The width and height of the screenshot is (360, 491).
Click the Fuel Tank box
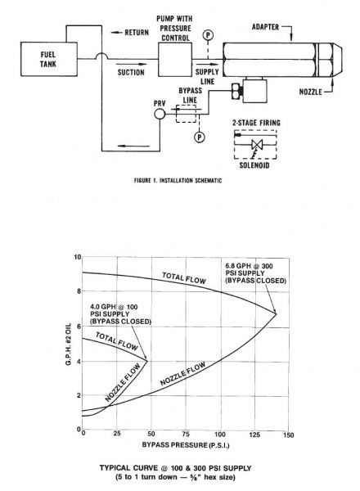pyautogui.click(x=49, y=59)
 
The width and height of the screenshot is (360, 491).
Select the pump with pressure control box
pyautogui.click(x=175, y=60)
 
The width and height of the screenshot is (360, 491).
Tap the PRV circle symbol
pyautogui.click(x=160, y=114)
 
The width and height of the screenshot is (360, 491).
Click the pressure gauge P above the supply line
pyautogui.click(x=208, y=35)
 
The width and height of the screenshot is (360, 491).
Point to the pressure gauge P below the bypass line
pyautogui.click(x=200, y=137)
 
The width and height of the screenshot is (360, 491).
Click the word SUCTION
pyautogui.click(x=131, y=72)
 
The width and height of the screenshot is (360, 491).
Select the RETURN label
pyautogui.click(x=137, y=32)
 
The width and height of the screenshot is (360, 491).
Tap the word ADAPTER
pyautogui.click(x=265, y=27)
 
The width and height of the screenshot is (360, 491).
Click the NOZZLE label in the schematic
pyautogui.click(x=311, y=92)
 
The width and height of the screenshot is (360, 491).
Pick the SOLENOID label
pyautogui.click(x=254, y=165)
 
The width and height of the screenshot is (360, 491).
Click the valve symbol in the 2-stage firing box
pyautogui.click(x=258, y=144)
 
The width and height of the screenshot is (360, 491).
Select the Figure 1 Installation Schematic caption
pyautogui.click(x=178, y=181)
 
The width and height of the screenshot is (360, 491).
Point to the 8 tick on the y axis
pyautogui.click(x=78, y=291)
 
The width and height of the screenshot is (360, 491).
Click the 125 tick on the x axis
pyautogui.click(x=254, y=435)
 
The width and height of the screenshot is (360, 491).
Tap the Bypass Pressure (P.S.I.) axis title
pyautogui.click(x=186, y=445)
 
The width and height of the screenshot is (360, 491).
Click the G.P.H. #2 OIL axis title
pyautogui.click(x=69, y=345)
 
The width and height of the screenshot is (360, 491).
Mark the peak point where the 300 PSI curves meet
pyautogui.click(x=277, y=313)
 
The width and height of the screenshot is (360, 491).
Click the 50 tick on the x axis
pyautogui.click(x=151, y=434)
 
